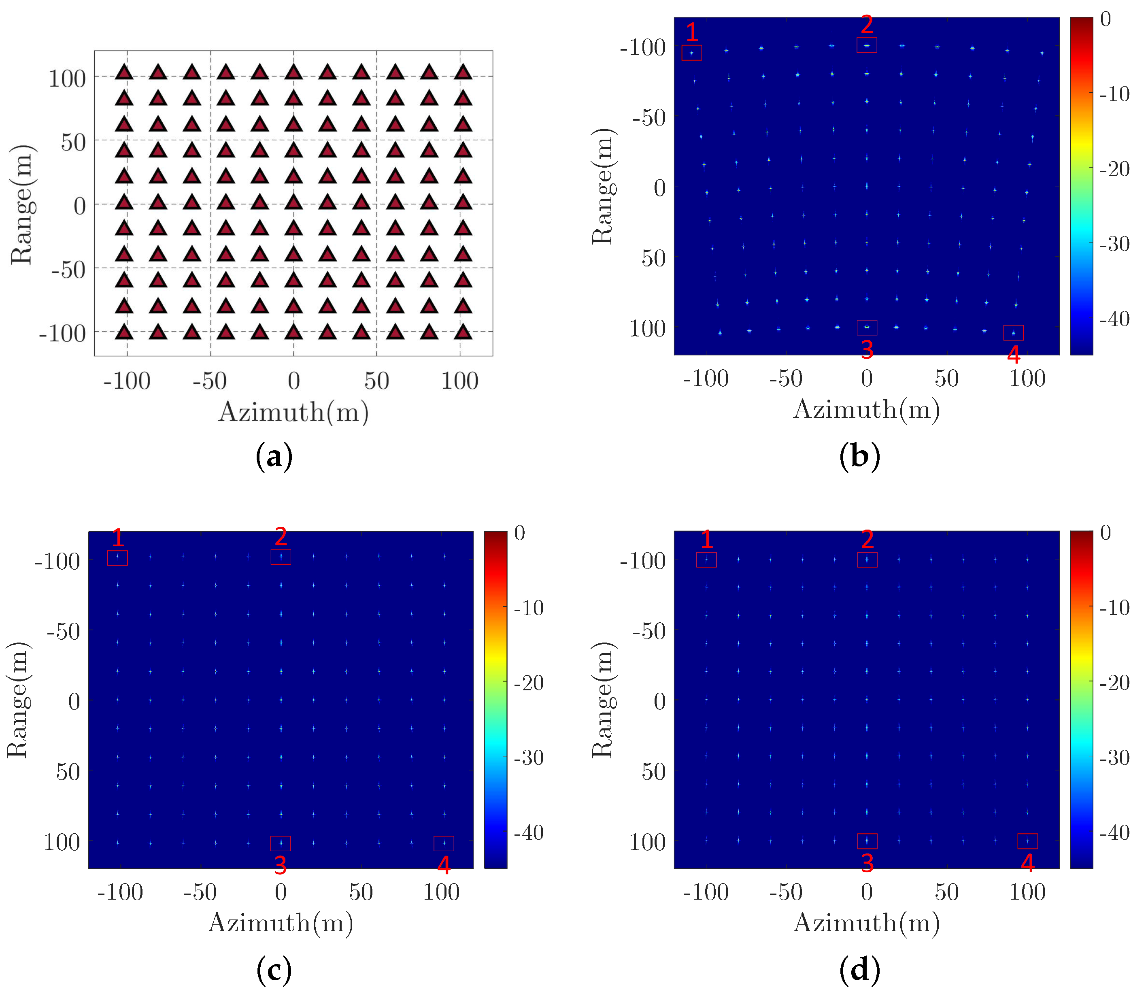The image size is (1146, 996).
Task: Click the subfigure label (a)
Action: (x=274, y=457)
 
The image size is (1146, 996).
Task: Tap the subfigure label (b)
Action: (x=859, y=457)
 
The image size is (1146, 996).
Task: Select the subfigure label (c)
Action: (x=274, y=970)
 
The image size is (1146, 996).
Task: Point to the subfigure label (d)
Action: (x=859, y=970)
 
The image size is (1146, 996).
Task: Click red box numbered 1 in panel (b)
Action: (x=691, y=53)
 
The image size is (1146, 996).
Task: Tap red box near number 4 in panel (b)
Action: (x=1013, y=332)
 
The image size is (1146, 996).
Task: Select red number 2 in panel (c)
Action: (x=281, y=536)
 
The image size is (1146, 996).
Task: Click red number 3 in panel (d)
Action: (x=867, y=863)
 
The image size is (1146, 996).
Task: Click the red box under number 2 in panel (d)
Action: (x=867, y=560)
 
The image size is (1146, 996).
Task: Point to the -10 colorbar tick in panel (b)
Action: (x=1114, y=94)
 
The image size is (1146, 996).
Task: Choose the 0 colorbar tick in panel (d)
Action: (x=1106, y=533)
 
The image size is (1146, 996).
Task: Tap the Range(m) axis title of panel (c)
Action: (x=18, y=700)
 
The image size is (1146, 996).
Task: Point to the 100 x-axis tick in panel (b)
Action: (x=1027, y=379)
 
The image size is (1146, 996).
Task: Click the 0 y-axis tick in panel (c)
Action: (x=74, y=701)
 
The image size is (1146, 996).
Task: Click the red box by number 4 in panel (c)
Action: (x=444, y=843)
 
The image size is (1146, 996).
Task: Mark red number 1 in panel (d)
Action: (x=706, y=539)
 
